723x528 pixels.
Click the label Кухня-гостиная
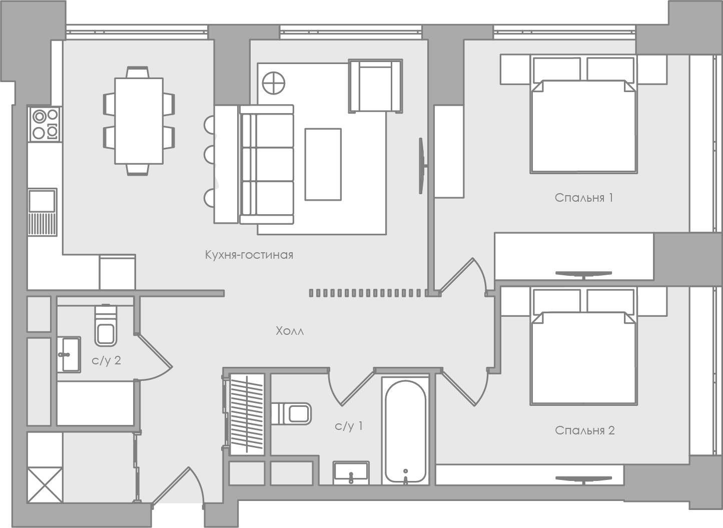coord(249,255)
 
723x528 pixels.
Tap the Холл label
coord(290,331)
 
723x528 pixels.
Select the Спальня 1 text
coord(583,198)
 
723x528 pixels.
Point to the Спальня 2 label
coord(584,430)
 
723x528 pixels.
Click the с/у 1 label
coord(349,426)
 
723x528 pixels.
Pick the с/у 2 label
coord(106,360)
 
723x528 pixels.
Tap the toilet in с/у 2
coord(106,325)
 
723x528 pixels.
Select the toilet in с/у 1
coord(291,413)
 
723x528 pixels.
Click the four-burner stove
coord(45,124)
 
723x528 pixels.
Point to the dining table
coord(139,121)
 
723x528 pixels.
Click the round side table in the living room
coord(273,83)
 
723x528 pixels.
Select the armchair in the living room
coord(375,86)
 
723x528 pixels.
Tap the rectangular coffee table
coord(323,164)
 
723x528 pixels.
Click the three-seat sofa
coord(267,164)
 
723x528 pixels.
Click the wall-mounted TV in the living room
coord(422,166)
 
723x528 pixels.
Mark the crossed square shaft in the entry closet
coord(45,485)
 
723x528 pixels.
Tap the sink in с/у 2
coord(69,354)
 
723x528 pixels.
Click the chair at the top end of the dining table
coord(138,72)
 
